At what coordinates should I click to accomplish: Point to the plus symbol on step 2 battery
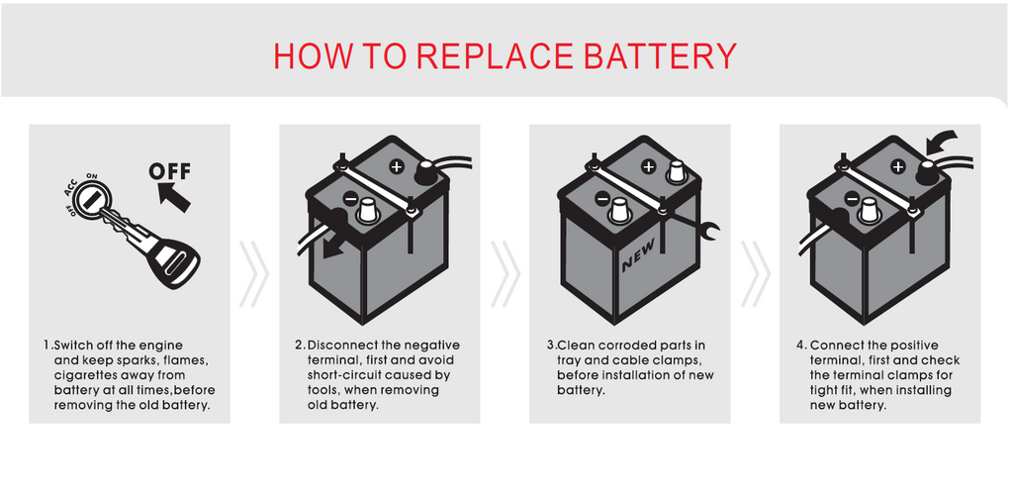[x=396, y=166]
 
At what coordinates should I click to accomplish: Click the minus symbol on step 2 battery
[x=349, y=199]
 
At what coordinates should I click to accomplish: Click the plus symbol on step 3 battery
[x=648, y=166]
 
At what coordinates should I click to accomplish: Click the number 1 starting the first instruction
[x=46, y=346]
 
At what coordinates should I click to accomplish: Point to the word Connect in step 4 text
[x=839, y=346]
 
